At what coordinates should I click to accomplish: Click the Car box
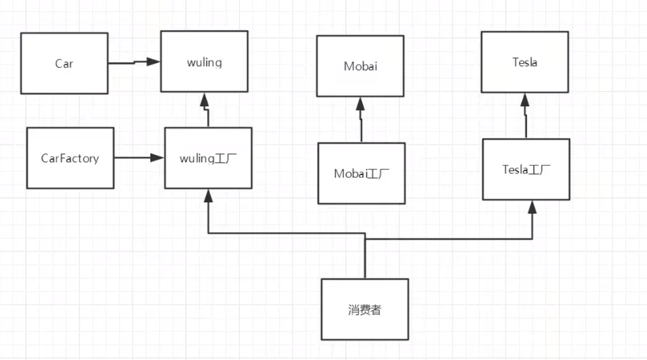click(64, 63)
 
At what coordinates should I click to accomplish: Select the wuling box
click(204, 61)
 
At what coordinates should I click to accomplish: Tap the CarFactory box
click(70, 158)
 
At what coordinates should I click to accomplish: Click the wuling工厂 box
click(208, 158)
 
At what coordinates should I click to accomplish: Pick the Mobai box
click(360, 66)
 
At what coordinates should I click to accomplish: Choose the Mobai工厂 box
click(361, 173)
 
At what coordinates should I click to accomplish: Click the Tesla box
click(525, 62)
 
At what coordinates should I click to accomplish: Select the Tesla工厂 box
click(525, 169)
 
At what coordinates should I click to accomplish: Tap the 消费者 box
click(364, 308)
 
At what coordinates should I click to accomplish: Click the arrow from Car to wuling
click(134, 62)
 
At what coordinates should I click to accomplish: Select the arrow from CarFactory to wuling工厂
click(138, 158)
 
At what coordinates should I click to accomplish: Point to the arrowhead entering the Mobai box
click(360, 102)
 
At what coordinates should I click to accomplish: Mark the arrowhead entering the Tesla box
click(525, 99)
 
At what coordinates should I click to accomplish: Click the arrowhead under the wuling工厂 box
click(208, 194)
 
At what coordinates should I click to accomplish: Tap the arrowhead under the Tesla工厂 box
click(533, 206)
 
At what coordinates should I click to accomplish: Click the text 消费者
click(364, 309)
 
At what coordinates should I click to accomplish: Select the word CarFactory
click(70, 158)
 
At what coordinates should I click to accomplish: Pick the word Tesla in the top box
click(525, 62)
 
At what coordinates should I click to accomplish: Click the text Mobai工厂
click(361, 173)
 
